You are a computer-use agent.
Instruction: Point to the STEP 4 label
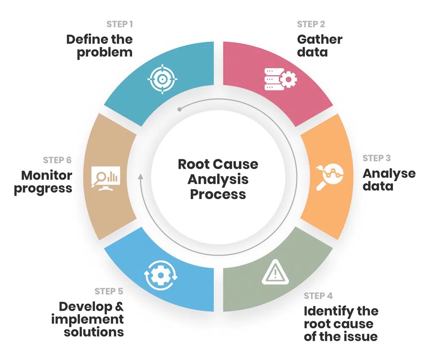pos(318,296)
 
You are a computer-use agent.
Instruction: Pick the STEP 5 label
pos(109,291)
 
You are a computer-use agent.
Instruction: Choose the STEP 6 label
pos(57,160)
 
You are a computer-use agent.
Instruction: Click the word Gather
pos(320,39)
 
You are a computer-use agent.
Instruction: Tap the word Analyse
pos(389,174)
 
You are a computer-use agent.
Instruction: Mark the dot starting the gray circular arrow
pos(179,109)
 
